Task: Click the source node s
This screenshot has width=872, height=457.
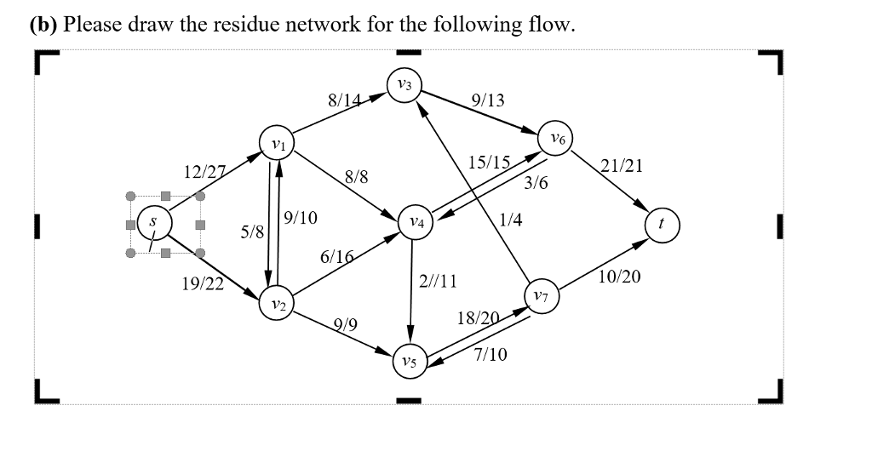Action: (153, 222)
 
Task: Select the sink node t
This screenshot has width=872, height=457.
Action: (663, 226)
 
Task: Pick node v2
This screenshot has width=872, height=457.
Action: (278, 304)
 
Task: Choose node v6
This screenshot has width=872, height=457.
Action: (556, 139)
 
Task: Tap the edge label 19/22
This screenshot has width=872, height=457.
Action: (203, 284)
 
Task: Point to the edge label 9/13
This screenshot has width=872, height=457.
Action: (487, 100)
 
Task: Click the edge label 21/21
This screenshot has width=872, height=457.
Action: (622, 166)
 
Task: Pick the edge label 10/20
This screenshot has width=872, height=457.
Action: (619, 277)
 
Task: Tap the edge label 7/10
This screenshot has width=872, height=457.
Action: (490, 355)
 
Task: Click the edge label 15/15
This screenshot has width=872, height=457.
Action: (490, 163)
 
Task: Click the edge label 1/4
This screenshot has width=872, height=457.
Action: (511, 220)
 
